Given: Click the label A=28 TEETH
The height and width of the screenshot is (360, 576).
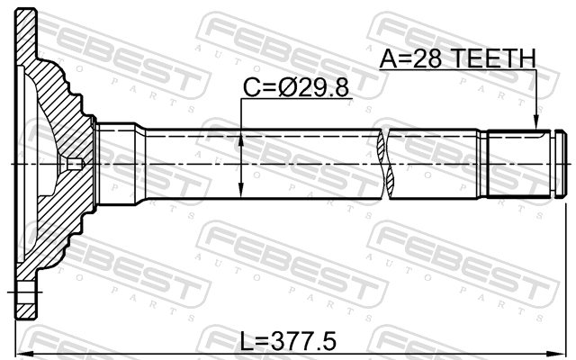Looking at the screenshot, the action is click(458, 58).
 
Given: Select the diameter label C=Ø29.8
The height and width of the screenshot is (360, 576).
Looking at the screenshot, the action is click(296, 88).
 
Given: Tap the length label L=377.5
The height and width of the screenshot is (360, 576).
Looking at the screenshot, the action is click(288, 341).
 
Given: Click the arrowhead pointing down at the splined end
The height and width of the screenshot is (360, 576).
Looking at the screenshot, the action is click(536, 122).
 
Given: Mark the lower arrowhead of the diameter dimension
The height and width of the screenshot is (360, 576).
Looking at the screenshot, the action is click(241, 190).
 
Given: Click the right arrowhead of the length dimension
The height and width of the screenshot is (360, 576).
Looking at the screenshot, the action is click(557, 354).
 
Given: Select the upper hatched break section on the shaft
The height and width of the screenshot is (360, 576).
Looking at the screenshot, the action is click(382, 146).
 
